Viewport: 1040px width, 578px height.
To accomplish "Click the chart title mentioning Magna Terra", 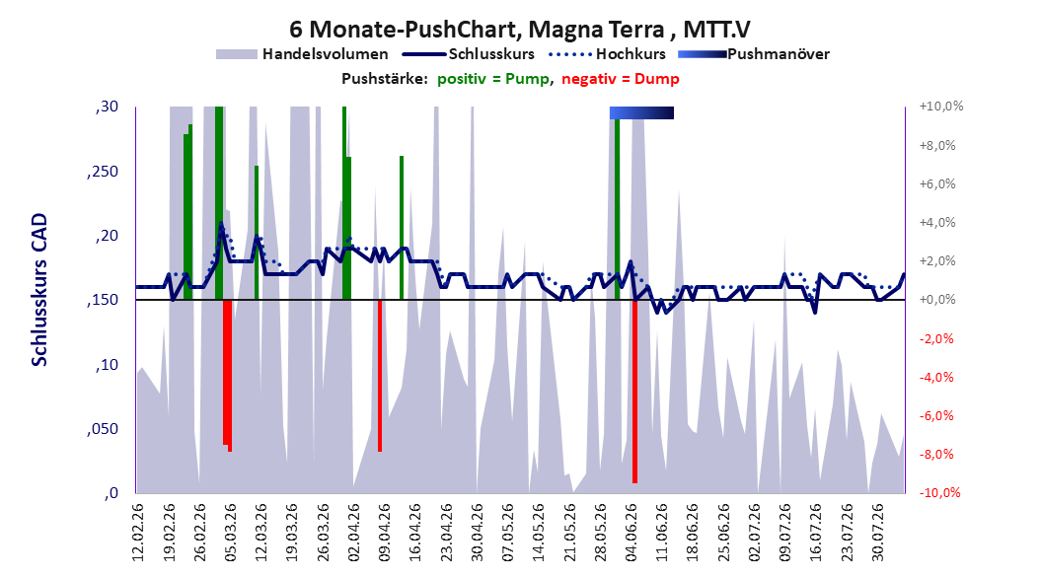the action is point(519,30).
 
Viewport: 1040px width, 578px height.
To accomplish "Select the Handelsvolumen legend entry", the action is point(303,54).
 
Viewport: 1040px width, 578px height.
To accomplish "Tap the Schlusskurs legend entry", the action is point(469,54).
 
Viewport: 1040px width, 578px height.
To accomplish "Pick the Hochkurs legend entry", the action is point(608,54).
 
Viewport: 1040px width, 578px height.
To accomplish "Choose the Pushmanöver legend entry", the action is point(754,54).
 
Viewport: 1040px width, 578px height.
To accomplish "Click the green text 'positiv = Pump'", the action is point(493,79).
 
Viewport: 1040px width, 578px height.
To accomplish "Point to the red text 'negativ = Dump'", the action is point(621,79).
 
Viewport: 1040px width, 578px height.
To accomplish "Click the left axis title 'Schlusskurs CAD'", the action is point(39,290).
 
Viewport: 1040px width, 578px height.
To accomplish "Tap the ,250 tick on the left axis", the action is point(103,172).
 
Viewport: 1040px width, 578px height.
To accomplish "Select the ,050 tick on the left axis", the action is point(103,429).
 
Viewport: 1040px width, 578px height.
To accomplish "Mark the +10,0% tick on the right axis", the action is point(941,107).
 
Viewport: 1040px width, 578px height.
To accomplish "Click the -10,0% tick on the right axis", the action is point(939,492).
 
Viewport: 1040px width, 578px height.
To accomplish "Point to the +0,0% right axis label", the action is point(937,300).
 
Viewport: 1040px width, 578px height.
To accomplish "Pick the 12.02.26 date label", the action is point(138,533).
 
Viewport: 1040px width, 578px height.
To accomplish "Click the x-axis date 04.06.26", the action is point(631,533).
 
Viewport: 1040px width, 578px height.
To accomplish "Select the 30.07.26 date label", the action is point(878,533).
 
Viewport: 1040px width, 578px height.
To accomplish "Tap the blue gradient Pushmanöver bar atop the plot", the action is point(641,112).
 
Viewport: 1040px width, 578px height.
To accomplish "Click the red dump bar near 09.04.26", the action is point(380,376).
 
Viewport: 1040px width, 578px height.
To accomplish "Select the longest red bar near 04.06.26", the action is point(634,392).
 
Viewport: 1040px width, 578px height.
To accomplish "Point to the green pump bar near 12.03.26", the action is point(257,233).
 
